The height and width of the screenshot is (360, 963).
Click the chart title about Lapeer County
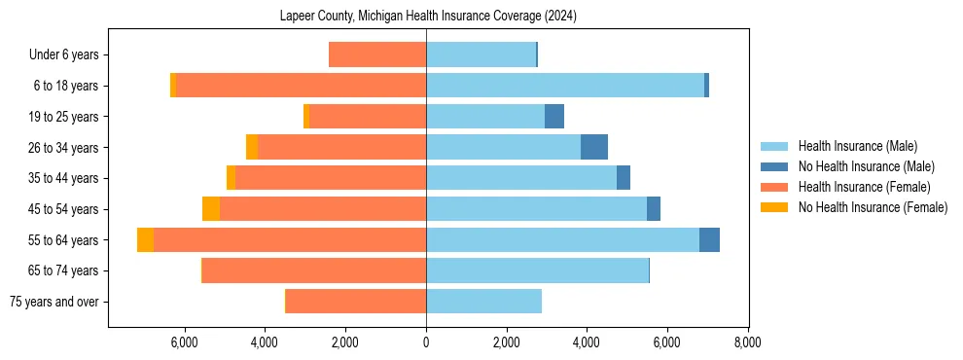[x=429, y=17]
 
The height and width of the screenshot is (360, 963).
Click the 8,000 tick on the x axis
[x=747, y=342]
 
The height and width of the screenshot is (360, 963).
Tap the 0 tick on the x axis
[x=426, y=342]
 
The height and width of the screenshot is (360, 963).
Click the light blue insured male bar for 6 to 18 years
[x=564, y=86]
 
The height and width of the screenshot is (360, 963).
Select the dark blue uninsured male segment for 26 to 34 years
[x=594, y=147]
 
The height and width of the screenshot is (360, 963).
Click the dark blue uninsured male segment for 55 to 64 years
[x=709, y=239]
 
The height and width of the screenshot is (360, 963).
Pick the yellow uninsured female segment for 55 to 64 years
[x=145, y=239]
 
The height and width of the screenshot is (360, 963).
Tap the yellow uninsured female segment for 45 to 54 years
[x=211, y=209]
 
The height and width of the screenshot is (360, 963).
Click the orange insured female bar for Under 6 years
[x=377, y=55]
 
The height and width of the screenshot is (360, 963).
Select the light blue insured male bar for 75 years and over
[x=483, y=302]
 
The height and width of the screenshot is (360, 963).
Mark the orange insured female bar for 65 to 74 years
[x=314, y=270]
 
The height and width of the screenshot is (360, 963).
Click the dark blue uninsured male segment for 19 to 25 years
[x=554, y=117]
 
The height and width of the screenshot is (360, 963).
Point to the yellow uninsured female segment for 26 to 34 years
[x=252, y=147]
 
